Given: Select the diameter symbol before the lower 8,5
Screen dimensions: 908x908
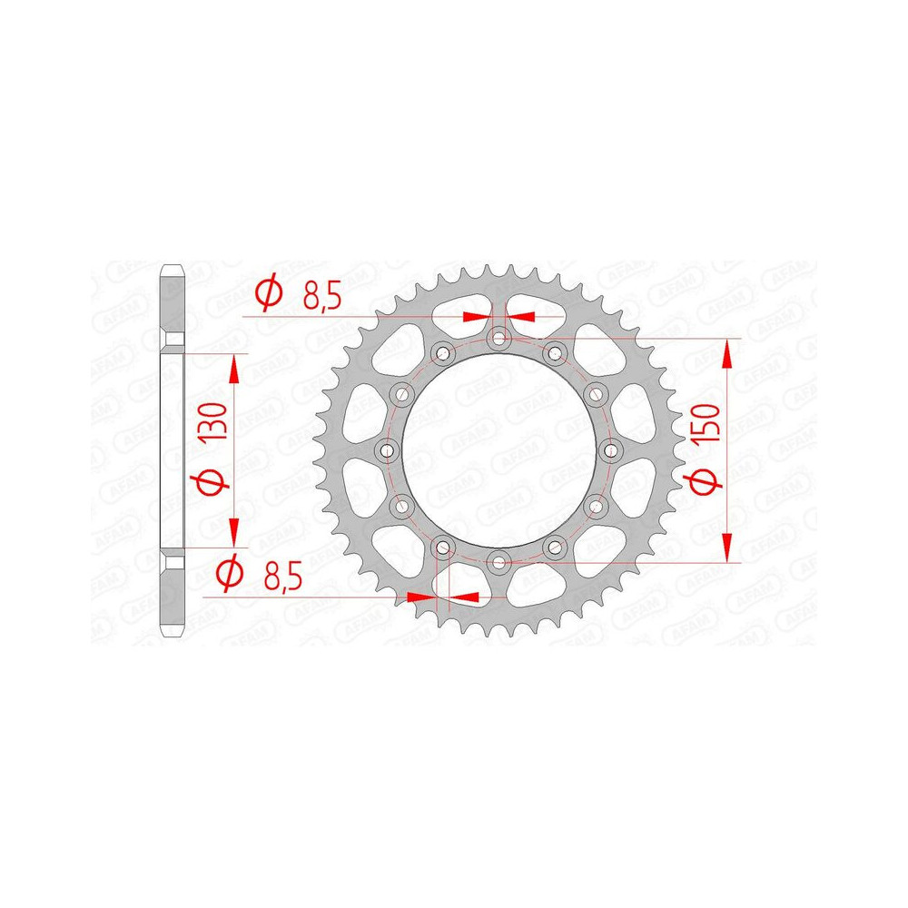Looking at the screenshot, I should click(x=230, y=574).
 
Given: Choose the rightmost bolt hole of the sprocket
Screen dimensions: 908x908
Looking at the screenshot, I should click(x=610, y=451).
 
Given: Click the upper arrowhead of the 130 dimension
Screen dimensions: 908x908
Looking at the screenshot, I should click(x=234, y=367).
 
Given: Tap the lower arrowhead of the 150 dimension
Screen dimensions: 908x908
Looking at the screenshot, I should click(x=727, y=548).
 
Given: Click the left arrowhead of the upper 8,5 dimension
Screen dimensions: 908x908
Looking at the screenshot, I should click(x=475, y=317).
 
